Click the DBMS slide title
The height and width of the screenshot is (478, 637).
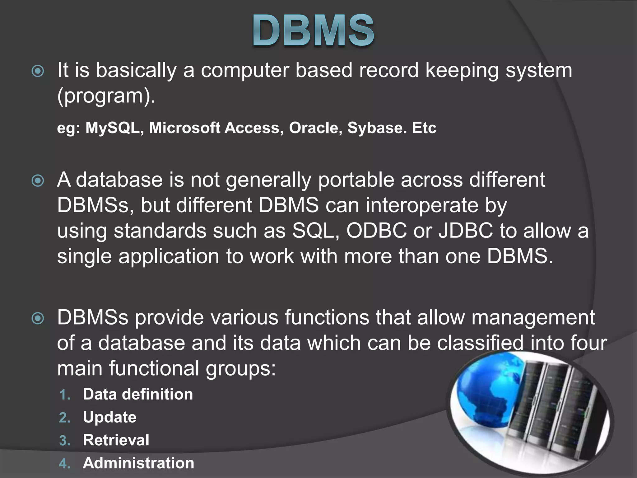313,31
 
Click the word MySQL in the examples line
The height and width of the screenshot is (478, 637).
112,128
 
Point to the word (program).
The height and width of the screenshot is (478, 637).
106,96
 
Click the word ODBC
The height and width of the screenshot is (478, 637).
376,231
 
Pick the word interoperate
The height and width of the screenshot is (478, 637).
422,206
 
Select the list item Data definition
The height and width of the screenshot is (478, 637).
138,394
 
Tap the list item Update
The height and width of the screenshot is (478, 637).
109,417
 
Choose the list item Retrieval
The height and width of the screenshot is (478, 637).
116,440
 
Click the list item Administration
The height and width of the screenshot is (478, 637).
138,463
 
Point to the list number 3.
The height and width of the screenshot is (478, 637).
64,441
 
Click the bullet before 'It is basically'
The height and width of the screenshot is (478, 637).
38,71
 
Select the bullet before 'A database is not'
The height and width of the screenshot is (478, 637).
38,181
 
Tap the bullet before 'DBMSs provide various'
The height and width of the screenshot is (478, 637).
38,318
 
